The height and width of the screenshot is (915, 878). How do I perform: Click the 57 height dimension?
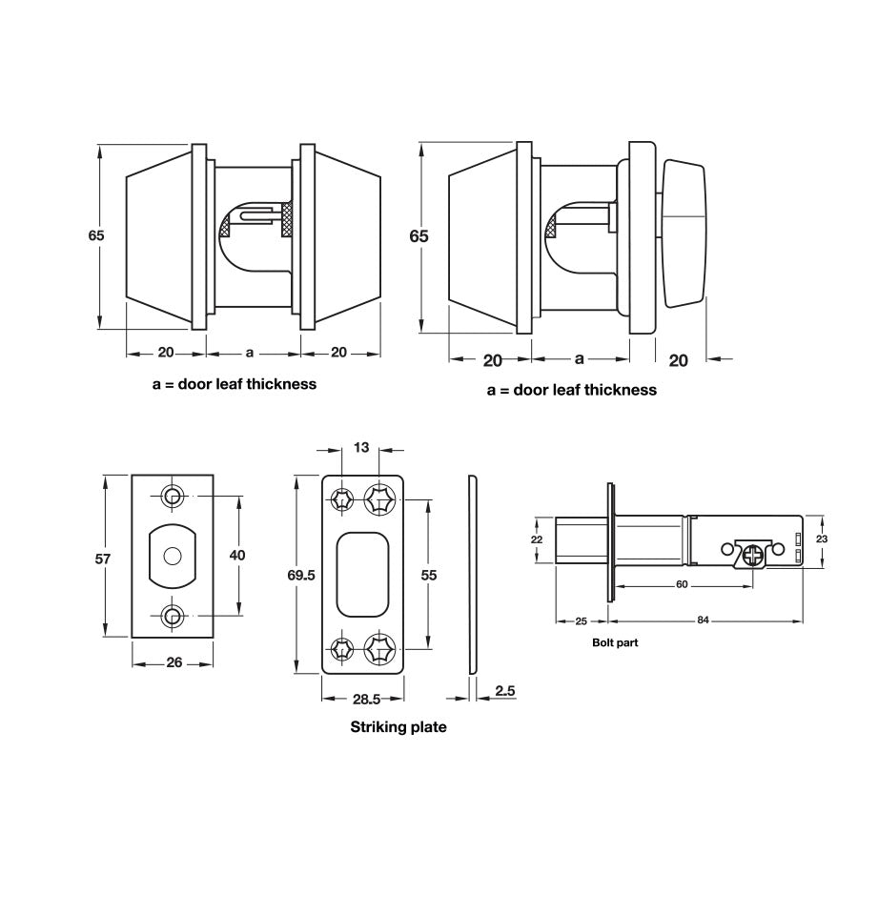(103, 559)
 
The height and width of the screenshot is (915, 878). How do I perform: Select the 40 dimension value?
(238, 555)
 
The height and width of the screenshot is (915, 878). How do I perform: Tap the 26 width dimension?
(174, 663)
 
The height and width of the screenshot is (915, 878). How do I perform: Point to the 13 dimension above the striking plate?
(361, 448)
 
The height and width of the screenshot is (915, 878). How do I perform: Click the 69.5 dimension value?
(300, 575)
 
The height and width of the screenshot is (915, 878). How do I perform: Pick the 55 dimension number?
(428, 575)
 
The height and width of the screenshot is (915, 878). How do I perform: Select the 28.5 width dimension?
(367, 699)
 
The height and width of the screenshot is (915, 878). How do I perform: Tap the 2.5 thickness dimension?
(505, 689)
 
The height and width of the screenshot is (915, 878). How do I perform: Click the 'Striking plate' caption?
(398, 727)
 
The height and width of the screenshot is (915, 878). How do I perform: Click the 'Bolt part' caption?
(615, 642)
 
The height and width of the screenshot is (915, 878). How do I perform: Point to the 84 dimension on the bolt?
(703, 620)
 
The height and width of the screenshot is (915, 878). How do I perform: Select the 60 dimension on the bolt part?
(682, 584)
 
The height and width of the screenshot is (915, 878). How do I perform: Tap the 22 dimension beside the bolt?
(536, 540)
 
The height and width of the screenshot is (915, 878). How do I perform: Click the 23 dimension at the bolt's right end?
(822, 539)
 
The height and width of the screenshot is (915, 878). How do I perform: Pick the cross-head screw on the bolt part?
(755, 554)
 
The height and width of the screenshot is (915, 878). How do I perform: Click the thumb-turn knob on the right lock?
(683, 234)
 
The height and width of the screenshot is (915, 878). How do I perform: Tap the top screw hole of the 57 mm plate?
(173, 497)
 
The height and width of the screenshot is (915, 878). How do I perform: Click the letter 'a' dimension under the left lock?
(250, 353)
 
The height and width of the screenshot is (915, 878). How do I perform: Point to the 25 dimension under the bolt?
(581, 620)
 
